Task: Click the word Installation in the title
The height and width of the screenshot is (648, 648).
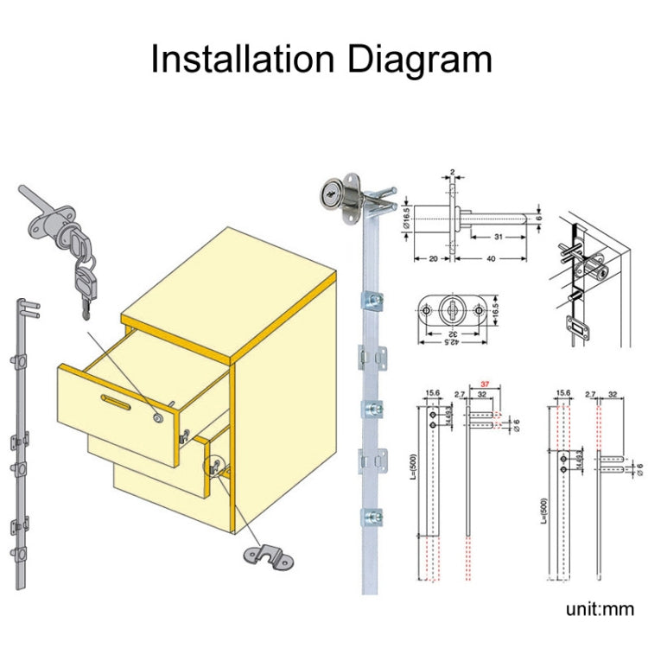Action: [241, 60]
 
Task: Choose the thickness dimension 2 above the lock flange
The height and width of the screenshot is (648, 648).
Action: [453, 172]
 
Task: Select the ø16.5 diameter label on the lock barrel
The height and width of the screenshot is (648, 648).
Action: [406, 214]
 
